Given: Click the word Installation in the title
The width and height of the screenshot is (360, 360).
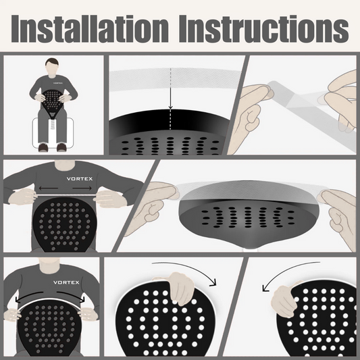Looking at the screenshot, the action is coord(90,29).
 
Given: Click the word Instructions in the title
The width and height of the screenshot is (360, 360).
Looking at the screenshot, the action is coord(264,29).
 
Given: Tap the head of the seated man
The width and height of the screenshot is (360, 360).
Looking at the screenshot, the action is coord(52,66).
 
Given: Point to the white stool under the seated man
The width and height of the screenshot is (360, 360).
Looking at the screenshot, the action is coord(53,133).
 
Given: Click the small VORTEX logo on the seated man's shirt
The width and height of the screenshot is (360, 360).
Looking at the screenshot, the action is coord(58,83).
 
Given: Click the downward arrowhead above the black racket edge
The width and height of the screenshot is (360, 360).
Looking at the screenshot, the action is coord(170,107).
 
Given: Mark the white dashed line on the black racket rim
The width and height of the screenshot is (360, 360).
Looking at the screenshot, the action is coord(170,120).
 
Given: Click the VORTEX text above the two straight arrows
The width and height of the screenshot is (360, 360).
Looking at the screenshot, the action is coord(80,178).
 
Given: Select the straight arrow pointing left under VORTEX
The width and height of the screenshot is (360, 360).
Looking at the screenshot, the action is coord(48,188).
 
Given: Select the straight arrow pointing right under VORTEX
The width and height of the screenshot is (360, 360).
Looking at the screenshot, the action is coord(82,188).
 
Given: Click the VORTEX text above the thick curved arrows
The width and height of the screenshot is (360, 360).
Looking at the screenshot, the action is coord(66,282).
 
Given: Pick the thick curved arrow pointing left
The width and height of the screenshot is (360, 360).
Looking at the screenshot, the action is coord(28,295).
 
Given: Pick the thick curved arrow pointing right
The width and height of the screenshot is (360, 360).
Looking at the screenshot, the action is coord(72,295).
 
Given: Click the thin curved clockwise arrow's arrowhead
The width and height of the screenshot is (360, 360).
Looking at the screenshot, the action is coord(213,283).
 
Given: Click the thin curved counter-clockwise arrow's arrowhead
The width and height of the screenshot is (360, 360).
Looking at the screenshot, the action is coord(265,288).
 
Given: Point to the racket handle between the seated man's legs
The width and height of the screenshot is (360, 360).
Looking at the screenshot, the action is coord(53,124).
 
